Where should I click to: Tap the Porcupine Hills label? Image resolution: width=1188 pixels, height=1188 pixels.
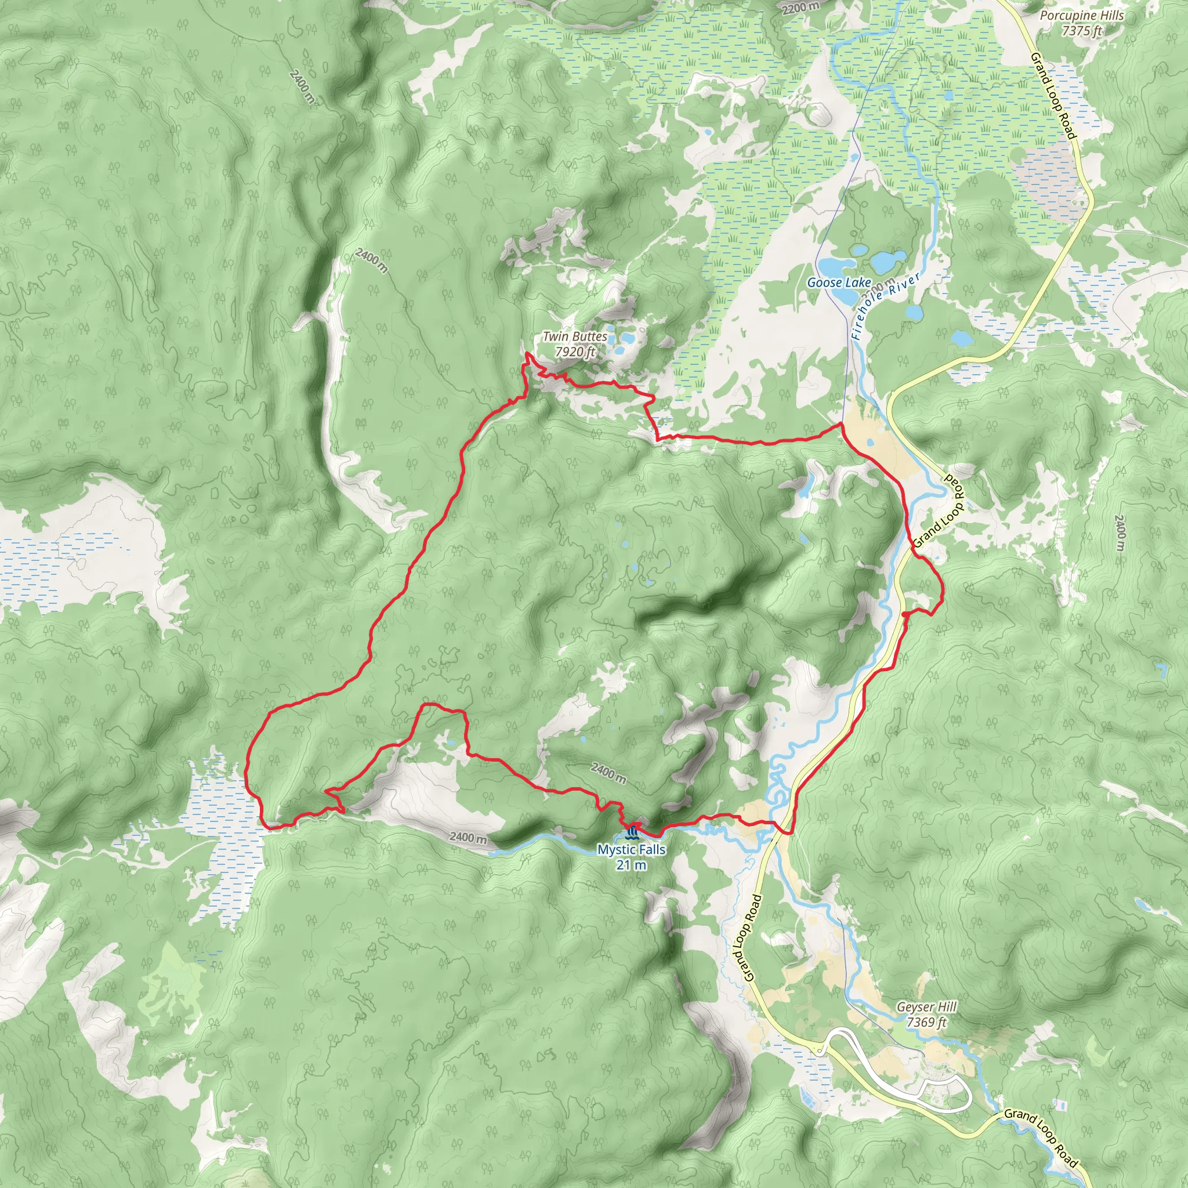pos(1082,16)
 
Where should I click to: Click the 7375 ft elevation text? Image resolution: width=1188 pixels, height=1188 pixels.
pos(1082,30)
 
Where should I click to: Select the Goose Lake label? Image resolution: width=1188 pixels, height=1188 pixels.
pos(839,282)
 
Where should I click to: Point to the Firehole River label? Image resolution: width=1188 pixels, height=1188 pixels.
pos(886,306)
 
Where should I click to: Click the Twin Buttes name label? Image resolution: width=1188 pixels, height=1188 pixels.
pos(574,336)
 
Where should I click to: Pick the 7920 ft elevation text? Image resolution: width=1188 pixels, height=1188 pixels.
pos(574,352)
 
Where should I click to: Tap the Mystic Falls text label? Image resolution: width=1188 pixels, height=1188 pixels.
pos(631,850)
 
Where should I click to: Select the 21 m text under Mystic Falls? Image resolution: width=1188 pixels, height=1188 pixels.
pos(632,865)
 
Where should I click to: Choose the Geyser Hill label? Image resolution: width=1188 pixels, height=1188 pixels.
pos(926,1006)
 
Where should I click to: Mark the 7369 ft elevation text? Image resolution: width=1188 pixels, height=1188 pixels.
pos(926,1022)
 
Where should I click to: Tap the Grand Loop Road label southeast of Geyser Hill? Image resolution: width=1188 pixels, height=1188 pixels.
pos(1041,1129)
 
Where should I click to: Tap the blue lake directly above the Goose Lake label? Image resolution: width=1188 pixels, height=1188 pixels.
pos(838,266)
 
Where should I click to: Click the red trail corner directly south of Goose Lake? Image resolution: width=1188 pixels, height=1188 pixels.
pos(841,424)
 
